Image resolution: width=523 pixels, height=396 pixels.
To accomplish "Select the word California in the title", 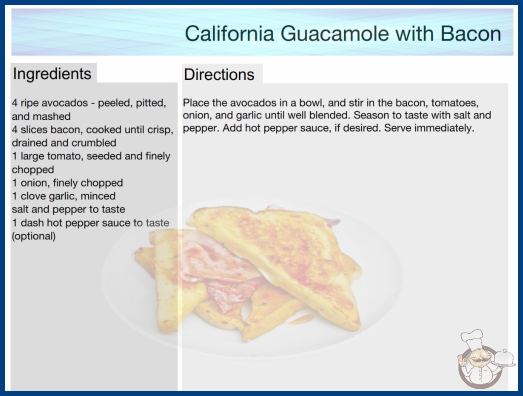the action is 229,33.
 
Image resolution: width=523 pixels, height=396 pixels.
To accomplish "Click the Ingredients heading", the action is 51,74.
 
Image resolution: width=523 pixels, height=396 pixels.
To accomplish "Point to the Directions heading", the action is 219,74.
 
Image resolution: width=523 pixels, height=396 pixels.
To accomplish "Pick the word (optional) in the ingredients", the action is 33,236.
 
